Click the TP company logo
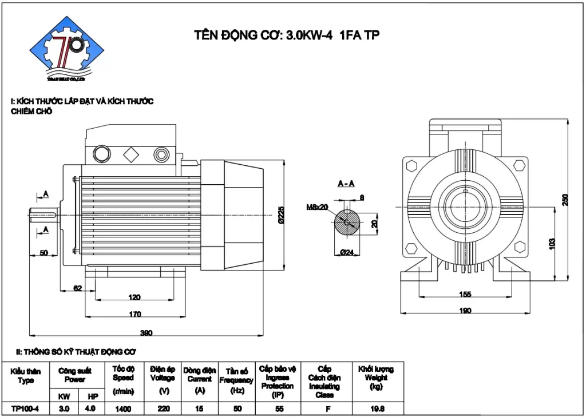pyautogui.click(x=68, y=50)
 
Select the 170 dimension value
pyautogui.click(x=135, y=313)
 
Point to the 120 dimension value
pyautogui.click(x=135, y=297)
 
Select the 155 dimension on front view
pyautogui.click(x=465, y=294)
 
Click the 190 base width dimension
pyautogui.click(x=465, y=311)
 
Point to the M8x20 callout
pyautogui.click(x=317, y=206)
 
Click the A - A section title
pyautogui.click(x=346, y=184)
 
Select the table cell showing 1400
pyautogui.click(x=123, y=408)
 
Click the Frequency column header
pyautogui.click(x=236, y=380)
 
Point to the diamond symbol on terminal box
pyautogui.click(x=130, y=154)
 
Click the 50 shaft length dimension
pyautogui.click(x=43, y=253)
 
